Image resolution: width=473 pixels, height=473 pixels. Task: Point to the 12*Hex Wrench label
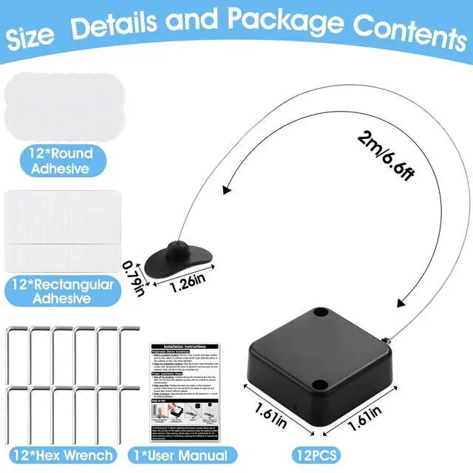[x=63, y=455]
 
